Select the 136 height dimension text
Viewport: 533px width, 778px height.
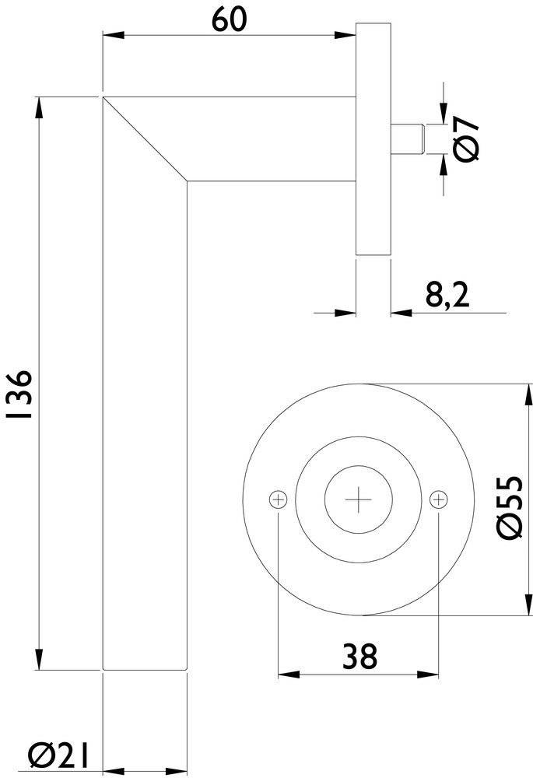click(20, 394)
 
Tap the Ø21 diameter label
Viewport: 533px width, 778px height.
click(55, 755)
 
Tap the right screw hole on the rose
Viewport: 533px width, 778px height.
click(439, 498)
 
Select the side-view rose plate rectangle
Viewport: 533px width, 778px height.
click(372, 140)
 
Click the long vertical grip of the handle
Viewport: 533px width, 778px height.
click(145, 428)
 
